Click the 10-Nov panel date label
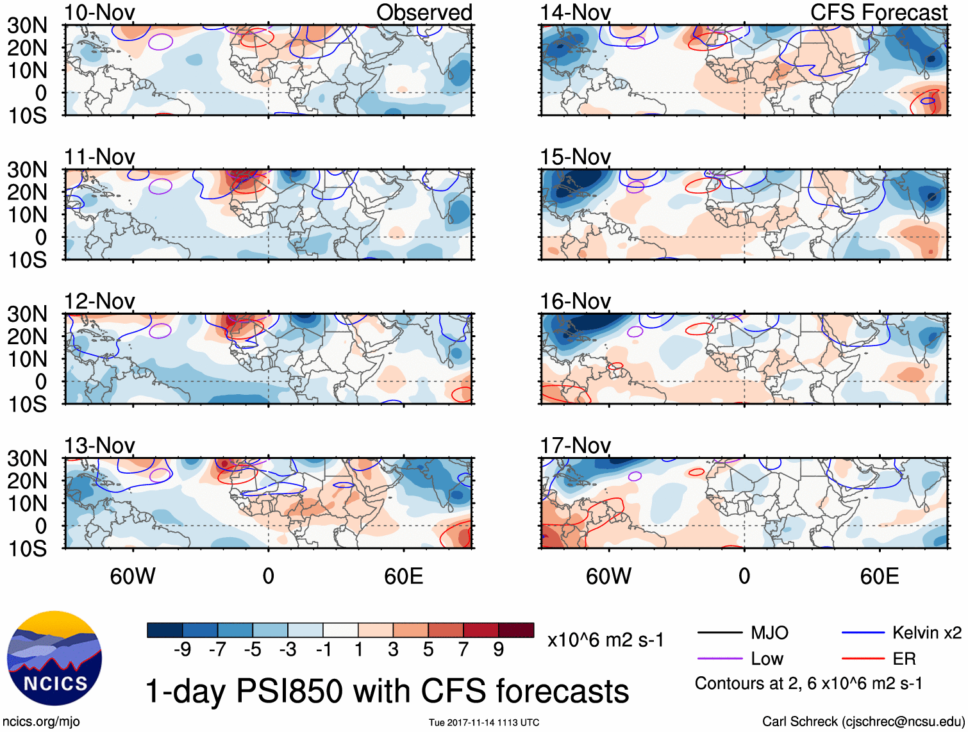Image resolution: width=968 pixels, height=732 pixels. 100,13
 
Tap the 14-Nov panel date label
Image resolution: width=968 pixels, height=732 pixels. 575,13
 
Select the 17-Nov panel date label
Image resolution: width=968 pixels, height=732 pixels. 575,445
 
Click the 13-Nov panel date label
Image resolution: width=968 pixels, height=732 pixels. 100,445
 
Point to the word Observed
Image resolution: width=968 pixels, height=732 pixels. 424,13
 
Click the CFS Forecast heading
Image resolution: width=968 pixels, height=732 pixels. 878,13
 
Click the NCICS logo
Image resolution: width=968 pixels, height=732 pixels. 54,658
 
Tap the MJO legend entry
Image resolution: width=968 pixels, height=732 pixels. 769,633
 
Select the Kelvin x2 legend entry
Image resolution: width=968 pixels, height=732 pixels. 926,633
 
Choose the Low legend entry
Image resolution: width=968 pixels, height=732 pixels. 767,659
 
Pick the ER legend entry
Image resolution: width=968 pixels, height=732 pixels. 904,659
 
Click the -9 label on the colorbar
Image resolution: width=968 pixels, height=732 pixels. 182,650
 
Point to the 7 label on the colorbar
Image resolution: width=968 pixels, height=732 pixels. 463,650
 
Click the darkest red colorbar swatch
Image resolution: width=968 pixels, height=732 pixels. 516,630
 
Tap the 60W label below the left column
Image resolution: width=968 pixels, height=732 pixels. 133,576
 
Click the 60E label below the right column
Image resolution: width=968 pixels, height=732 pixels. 879,576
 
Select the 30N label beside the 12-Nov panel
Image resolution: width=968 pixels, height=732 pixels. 27,314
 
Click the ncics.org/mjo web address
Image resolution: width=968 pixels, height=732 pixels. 40,722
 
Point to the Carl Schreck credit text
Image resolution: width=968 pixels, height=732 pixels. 863,722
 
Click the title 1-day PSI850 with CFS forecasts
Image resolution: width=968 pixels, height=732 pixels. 387,691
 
